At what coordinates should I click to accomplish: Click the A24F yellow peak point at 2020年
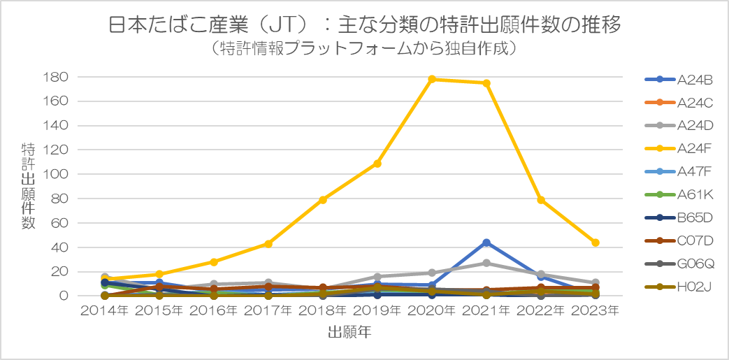[x=432, y=79]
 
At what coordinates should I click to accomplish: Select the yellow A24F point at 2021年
[x=486, y=83]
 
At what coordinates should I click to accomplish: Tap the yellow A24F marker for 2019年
[x=377, y=164]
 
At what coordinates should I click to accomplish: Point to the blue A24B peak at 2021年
[x=486, y=243]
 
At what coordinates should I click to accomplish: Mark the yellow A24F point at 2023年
[x=596, y=243]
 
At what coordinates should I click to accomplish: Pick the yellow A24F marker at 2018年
[x=323, y=200]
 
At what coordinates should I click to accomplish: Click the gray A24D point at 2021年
[x=486, y=263]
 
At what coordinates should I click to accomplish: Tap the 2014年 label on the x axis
[x=105, y=310]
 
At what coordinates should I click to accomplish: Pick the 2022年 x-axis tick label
[x=541, y=310]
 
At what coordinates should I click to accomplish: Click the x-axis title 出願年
[x=349, y=333]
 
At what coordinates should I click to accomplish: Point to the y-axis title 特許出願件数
[x=29, y=186]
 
